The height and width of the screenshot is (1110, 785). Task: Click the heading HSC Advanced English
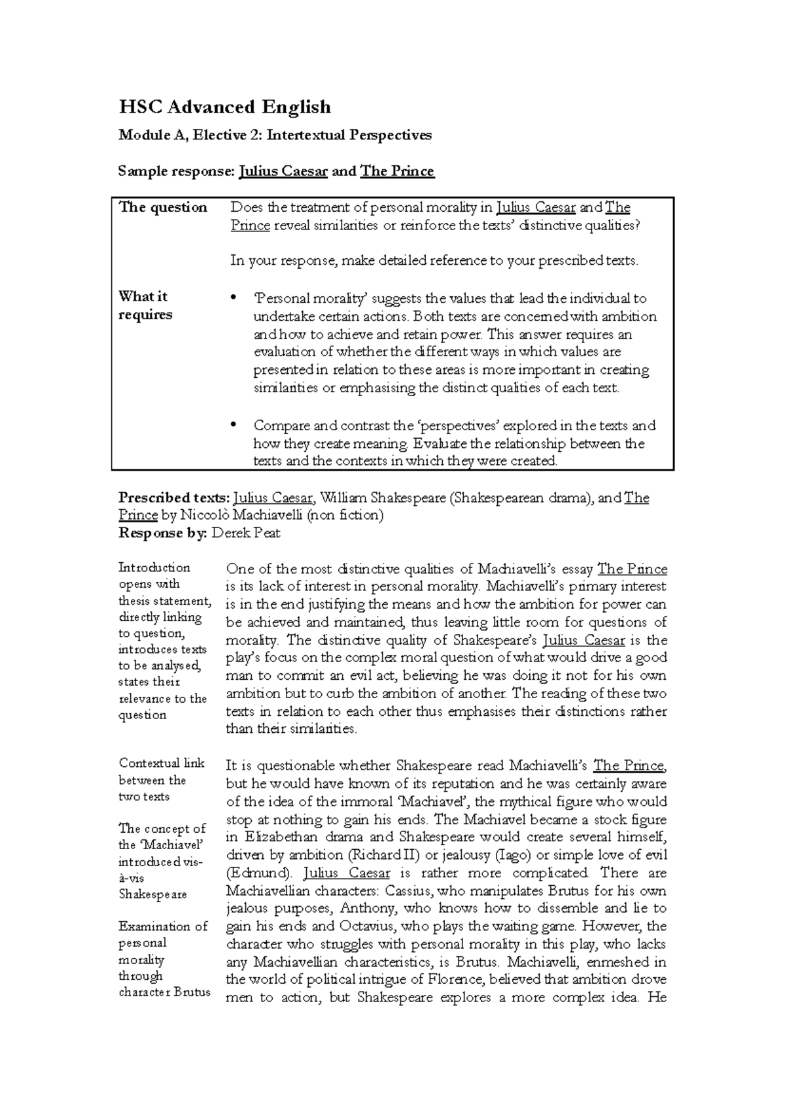[x=224, y=107]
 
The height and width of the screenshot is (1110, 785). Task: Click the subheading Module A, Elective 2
[x=275, y=135]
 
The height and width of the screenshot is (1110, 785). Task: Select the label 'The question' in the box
[x=163, y=207]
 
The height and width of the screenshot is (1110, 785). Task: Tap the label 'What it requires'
[x=145, y=305]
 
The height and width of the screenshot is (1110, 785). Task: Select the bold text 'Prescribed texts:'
[x=173, y=498]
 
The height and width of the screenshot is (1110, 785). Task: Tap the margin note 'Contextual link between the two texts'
[x=162, y=780]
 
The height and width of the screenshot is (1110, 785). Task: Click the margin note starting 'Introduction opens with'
[x=162, y=641]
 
